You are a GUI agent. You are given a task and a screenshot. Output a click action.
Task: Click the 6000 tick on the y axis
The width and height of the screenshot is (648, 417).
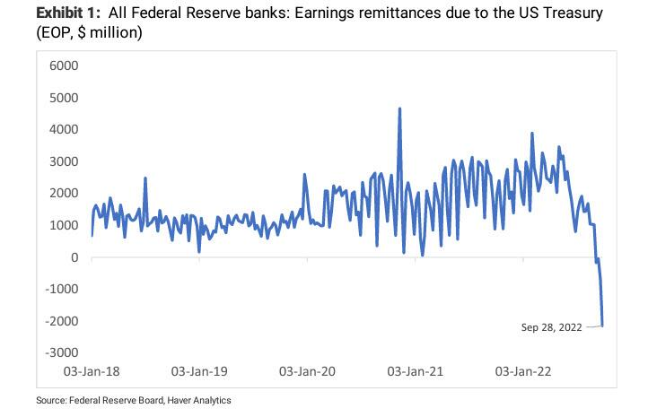pos(65,65)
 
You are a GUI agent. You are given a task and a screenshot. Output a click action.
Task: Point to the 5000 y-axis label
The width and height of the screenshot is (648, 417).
pos(65,98)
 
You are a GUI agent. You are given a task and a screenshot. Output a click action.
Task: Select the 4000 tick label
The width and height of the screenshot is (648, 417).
pos(65,129)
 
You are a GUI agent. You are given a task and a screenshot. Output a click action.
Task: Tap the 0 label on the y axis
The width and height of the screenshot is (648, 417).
pos(74,257)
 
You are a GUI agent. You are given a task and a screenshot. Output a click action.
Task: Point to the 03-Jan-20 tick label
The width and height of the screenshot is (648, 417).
pos(307,370)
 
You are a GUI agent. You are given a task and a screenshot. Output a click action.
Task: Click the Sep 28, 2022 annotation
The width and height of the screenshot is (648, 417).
pos(551,327)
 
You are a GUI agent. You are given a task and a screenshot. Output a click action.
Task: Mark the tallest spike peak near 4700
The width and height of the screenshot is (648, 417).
pos(399,109)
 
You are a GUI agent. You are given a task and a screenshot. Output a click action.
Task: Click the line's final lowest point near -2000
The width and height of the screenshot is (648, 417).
pos(602,326)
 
